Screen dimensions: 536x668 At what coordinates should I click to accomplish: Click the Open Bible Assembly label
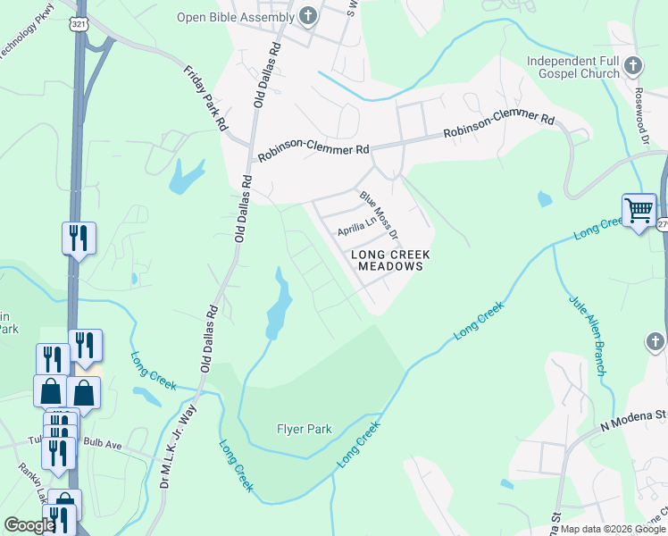[235, 17]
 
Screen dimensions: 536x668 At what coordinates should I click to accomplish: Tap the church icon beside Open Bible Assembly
[307, 15]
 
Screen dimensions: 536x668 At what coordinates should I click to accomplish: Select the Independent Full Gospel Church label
[572, 66]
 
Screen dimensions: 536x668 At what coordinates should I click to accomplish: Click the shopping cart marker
[639, 212]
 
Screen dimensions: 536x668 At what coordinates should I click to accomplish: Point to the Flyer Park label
[304, 429]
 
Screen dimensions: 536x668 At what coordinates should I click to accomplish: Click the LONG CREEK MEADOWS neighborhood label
[386, 260]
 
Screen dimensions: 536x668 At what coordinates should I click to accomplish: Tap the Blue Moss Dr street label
[379, 215]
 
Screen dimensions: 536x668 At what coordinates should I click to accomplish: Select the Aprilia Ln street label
[355, 230]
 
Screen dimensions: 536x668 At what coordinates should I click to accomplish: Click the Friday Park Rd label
[205, 99]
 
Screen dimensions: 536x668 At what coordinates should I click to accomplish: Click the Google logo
[29, 525]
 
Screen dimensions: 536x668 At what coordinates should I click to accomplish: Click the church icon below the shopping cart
[655, 342]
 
